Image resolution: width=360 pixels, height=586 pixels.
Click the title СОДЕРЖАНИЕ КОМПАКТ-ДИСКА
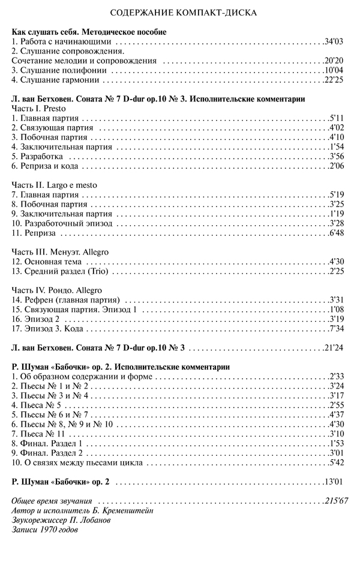pos(179,12)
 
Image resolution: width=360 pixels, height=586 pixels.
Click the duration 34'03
pos(332,43)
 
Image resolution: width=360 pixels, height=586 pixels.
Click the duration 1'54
pos(335,146)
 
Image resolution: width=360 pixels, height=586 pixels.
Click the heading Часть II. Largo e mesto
pos(54,185)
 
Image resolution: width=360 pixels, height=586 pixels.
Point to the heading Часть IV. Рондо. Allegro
pos(58,291)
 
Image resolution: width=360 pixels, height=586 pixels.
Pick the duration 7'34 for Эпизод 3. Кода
pos(335,328)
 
